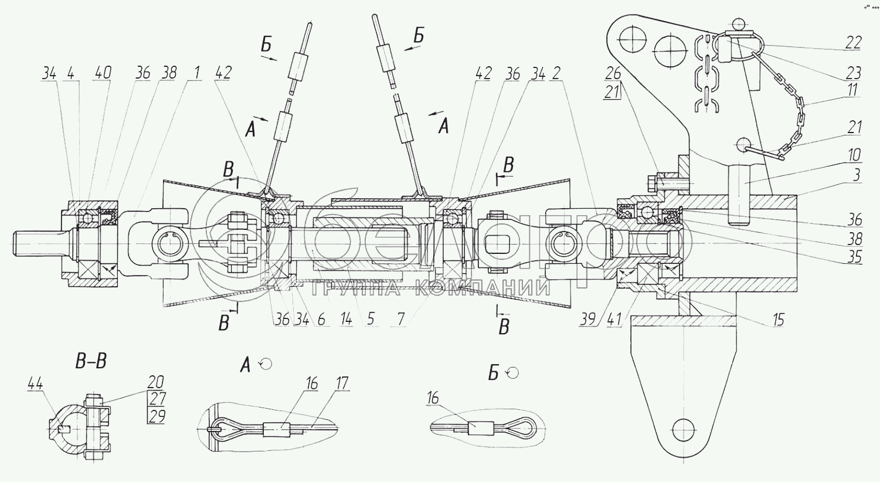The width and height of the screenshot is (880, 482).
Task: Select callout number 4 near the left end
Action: coord(70,73)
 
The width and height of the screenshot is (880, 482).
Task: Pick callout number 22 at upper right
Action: coord(854,42)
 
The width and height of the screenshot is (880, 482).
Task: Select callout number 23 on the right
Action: coord(854,73)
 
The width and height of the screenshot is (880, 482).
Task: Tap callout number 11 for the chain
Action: coord(852,90)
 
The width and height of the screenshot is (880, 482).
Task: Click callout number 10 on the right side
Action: coord(854,155)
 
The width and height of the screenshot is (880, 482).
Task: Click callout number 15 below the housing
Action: coord(778,320)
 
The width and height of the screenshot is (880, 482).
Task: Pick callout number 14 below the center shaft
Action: coord(346,320)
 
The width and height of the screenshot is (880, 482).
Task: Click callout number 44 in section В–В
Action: coord(35,384)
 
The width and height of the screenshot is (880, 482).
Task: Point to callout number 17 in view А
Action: coord(342,384)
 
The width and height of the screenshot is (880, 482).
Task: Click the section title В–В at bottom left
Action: coord(91,361)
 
